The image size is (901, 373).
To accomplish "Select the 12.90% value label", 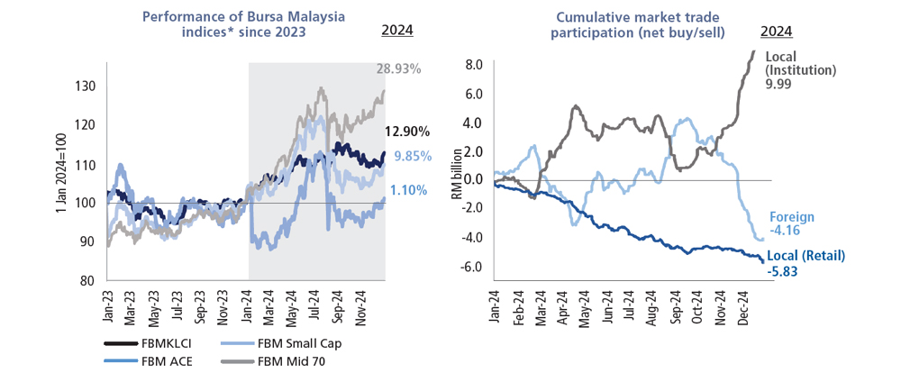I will [x=407, y=132].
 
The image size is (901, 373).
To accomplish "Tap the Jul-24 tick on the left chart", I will [x=313, y=310].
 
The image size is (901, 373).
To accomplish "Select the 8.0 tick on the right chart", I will [x=474, y=64].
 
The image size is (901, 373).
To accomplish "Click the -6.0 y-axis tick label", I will [x=472, y=267].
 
